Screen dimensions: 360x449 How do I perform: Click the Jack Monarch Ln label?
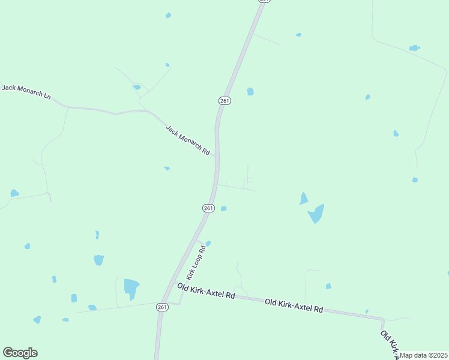pyautogui.click(x=26, y=92)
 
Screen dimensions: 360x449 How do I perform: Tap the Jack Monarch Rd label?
pyautogui.click(x=187, y=140)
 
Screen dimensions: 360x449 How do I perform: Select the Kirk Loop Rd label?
pyautogui.click(x=196, y=262)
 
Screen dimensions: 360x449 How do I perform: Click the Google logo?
pyautogui.click(x=20, y=353)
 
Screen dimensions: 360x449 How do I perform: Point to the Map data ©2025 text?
pyautogui.click(x=423, y=355)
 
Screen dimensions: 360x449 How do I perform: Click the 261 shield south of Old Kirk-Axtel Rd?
pyautogui.click(x=161, y=307)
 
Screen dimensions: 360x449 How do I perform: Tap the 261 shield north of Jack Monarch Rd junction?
pyautogui.click(x=224, y=101)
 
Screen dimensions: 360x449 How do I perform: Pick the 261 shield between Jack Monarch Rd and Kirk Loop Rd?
pyautogui.click(x=208, y=208)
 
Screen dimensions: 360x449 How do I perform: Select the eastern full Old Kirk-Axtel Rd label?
pyautogui.click(x=294, y=305)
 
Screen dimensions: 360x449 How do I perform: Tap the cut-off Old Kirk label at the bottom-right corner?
pyautogui.click(x=390, y=344)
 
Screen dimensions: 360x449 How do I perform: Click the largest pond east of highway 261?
pyautogui.click(x=316, y=214)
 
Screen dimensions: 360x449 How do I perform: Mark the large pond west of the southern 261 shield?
pyautogui.click(x=131, y=287)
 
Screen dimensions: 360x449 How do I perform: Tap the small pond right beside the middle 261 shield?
pyautogui.click(x=223, y=208)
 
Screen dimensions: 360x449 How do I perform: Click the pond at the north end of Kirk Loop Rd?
pyautogui.click(x=208, y=243)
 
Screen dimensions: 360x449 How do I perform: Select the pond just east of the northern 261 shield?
pyautogui.click(x=250, y=92)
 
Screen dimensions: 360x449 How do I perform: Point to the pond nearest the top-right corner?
pyautogui.click(x=414, y=48)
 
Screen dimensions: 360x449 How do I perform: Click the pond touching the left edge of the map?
pyautogui.click(x=14, y=193)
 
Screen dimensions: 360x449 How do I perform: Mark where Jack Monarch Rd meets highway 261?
pyautogui.click(x=217, y=157)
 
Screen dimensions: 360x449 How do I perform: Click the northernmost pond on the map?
pyautogui.click(x=168, y=15)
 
